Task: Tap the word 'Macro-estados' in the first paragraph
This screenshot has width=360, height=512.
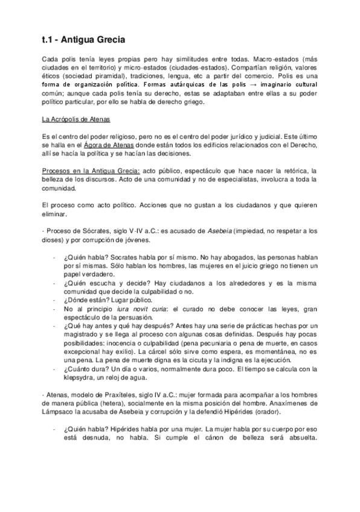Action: (x=275, y=60)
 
